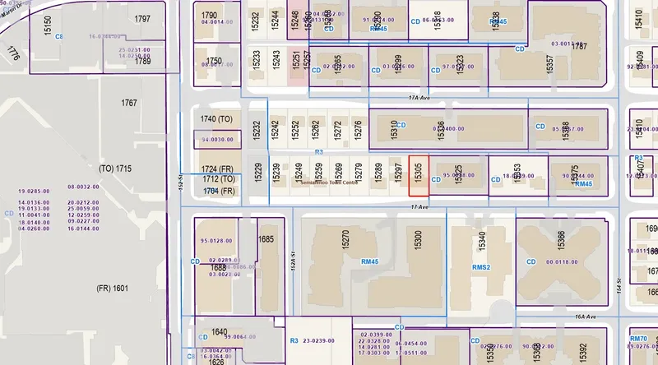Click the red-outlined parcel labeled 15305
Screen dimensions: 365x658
419,174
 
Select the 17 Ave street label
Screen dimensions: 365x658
419,206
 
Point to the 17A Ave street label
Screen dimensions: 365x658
419,97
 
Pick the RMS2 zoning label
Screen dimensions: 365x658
480,267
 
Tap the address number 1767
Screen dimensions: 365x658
128,104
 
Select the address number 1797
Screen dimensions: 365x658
142,19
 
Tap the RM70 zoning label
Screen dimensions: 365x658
638,339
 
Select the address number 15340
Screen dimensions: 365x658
482,241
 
